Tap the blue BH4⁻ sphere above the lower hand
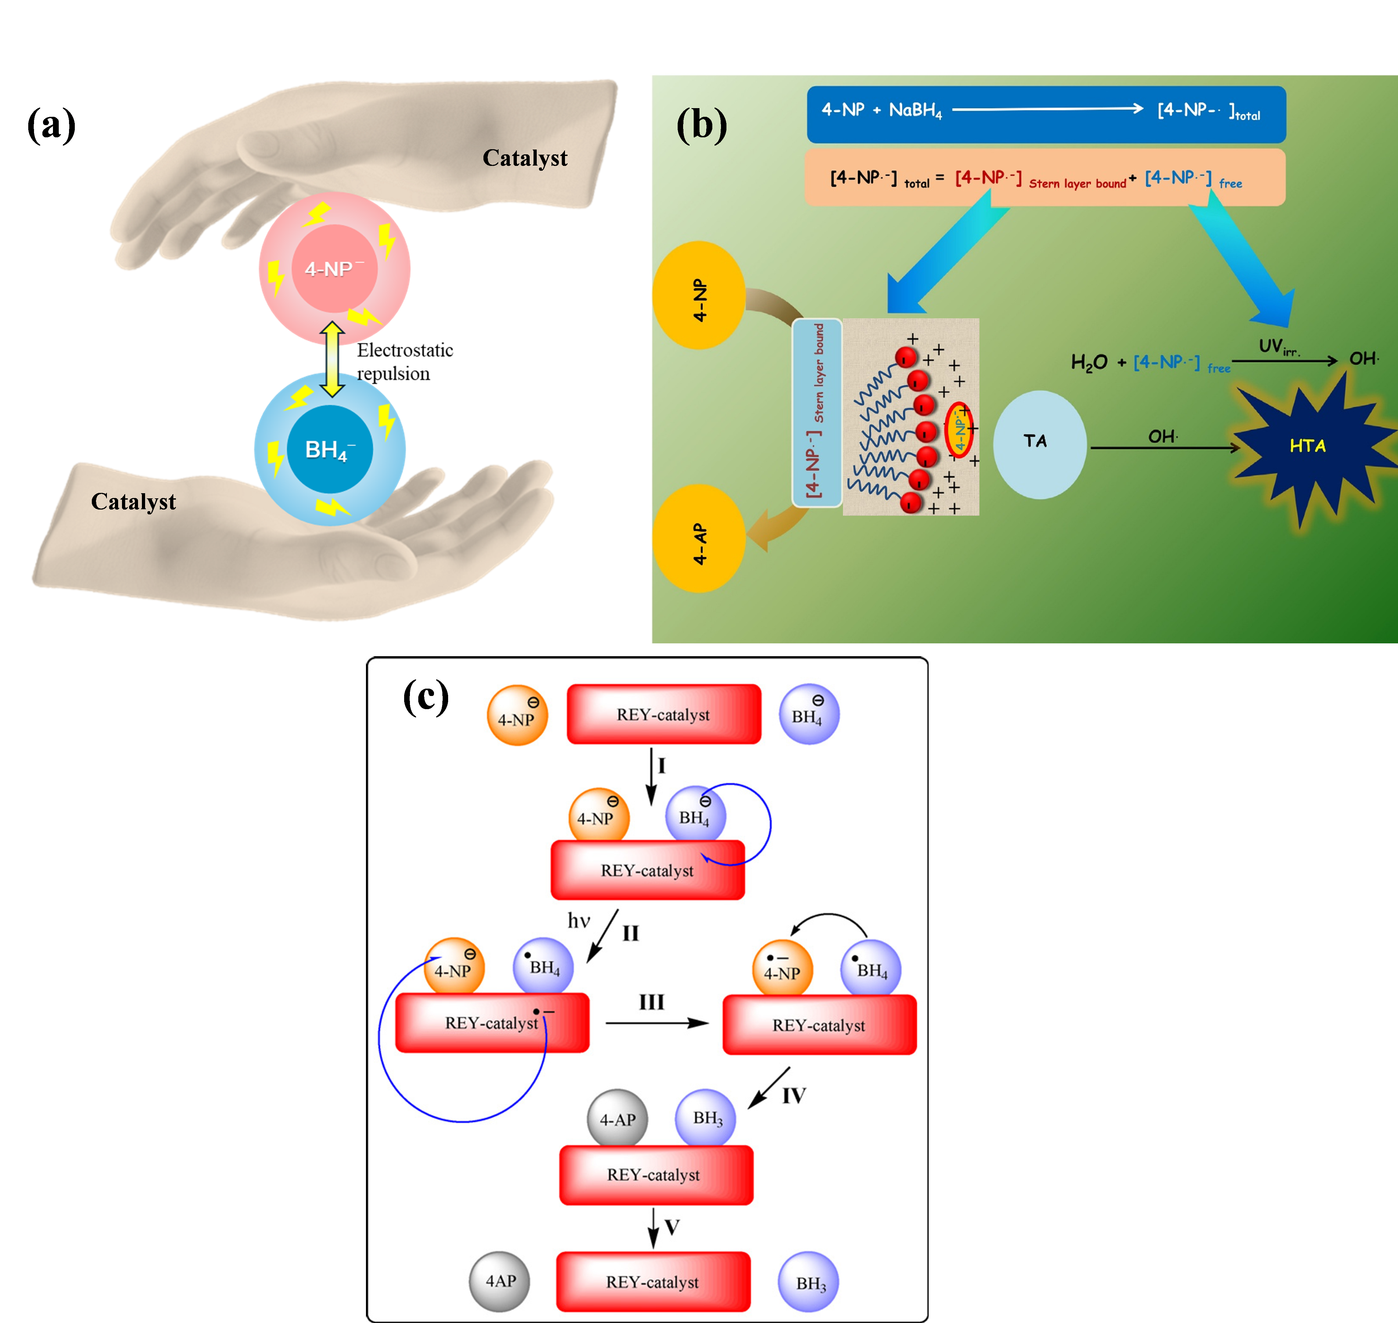[x=330, y=449]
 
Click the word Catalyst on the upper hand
[x=525, y=158]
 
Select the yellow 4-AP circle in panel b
[x=699, y=538]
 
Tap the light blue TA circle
[x=1040, y=444]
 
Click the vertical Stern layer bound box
[x=817, y=413]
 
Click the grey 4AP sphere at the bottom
[x=499, y=1281]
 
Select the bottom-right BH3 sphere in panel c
[x=809, y=1283]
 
